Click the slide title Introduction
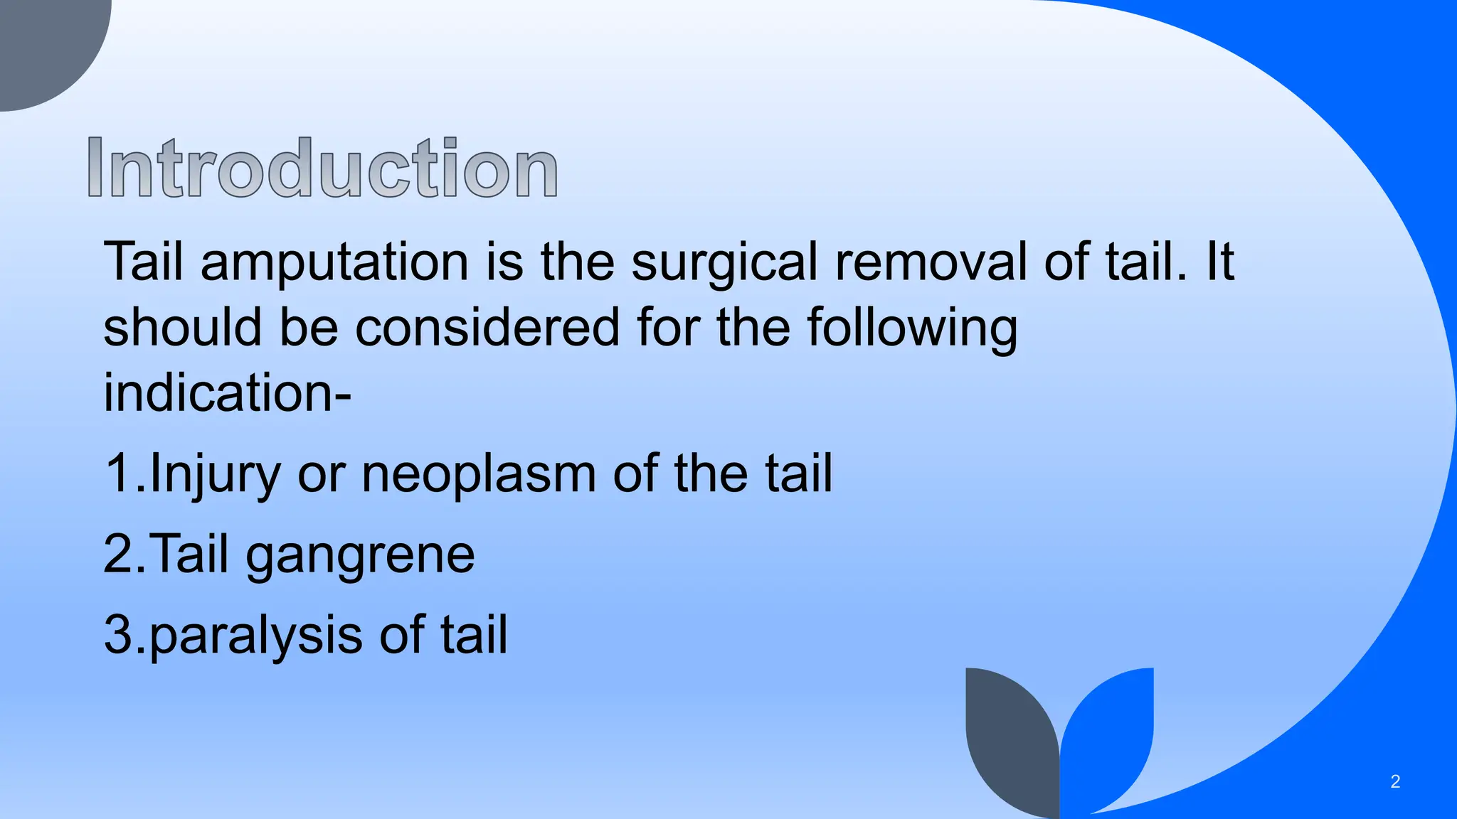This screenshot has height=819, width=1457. click(x=322, y=168)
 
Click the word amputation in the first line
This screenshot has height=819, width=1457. click(x=334, y=262)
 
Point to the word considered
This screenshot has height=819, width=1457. click(x=487, y=328)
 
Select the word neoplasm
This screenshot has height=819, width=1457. click(x=479, y=475)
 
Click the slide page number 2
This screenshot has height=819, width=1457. click(x=1395, y=782)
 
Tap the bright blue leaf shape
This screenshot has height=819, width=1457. click(x=1110, y=732)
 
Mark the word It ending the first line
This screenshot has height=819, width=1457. click(x=1219, y=262)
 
